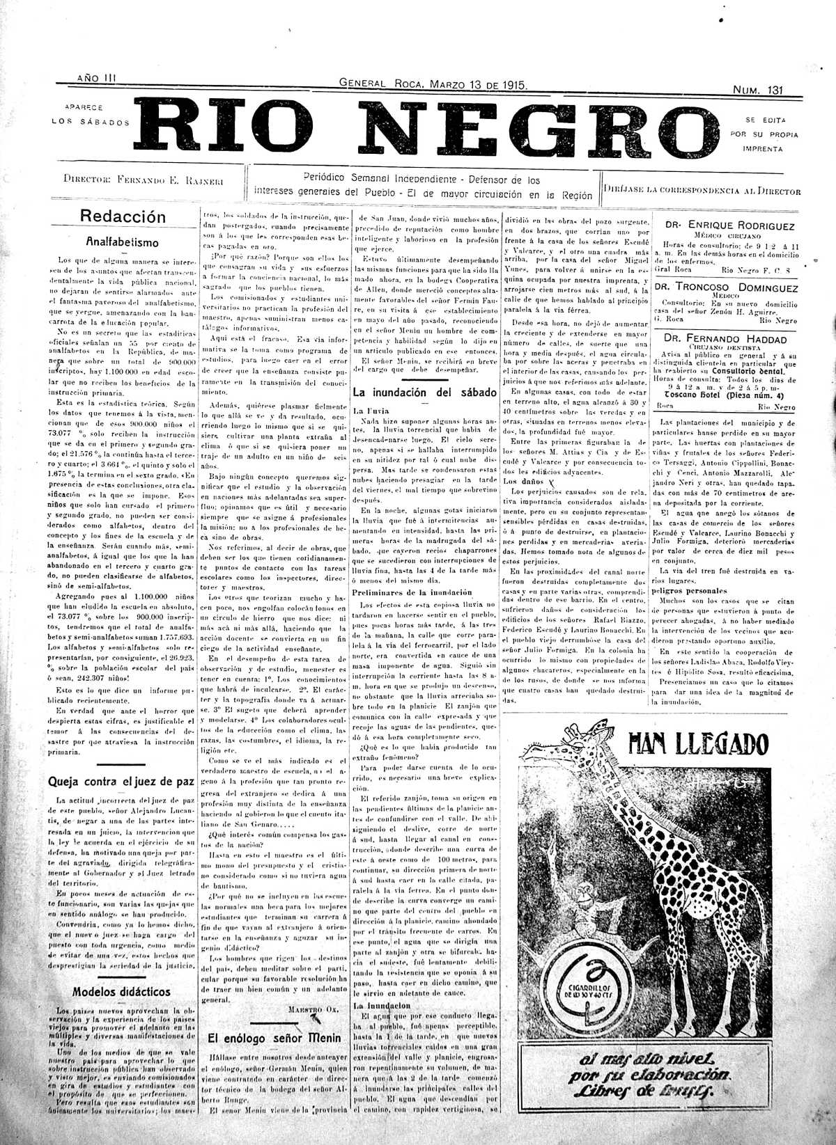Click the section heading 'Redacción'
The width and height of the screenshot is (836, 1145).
point(123,216)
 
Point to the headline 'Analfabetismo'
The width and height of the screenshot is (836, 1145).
point(123,243)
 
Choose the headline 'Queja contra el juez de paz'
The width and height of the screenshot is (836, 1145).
point(120,780)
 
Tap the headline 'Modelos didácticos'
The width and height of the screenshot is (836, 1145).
point(122,990)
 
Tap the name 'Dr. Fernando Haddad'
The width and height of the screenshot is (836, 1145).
point(725,339)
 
